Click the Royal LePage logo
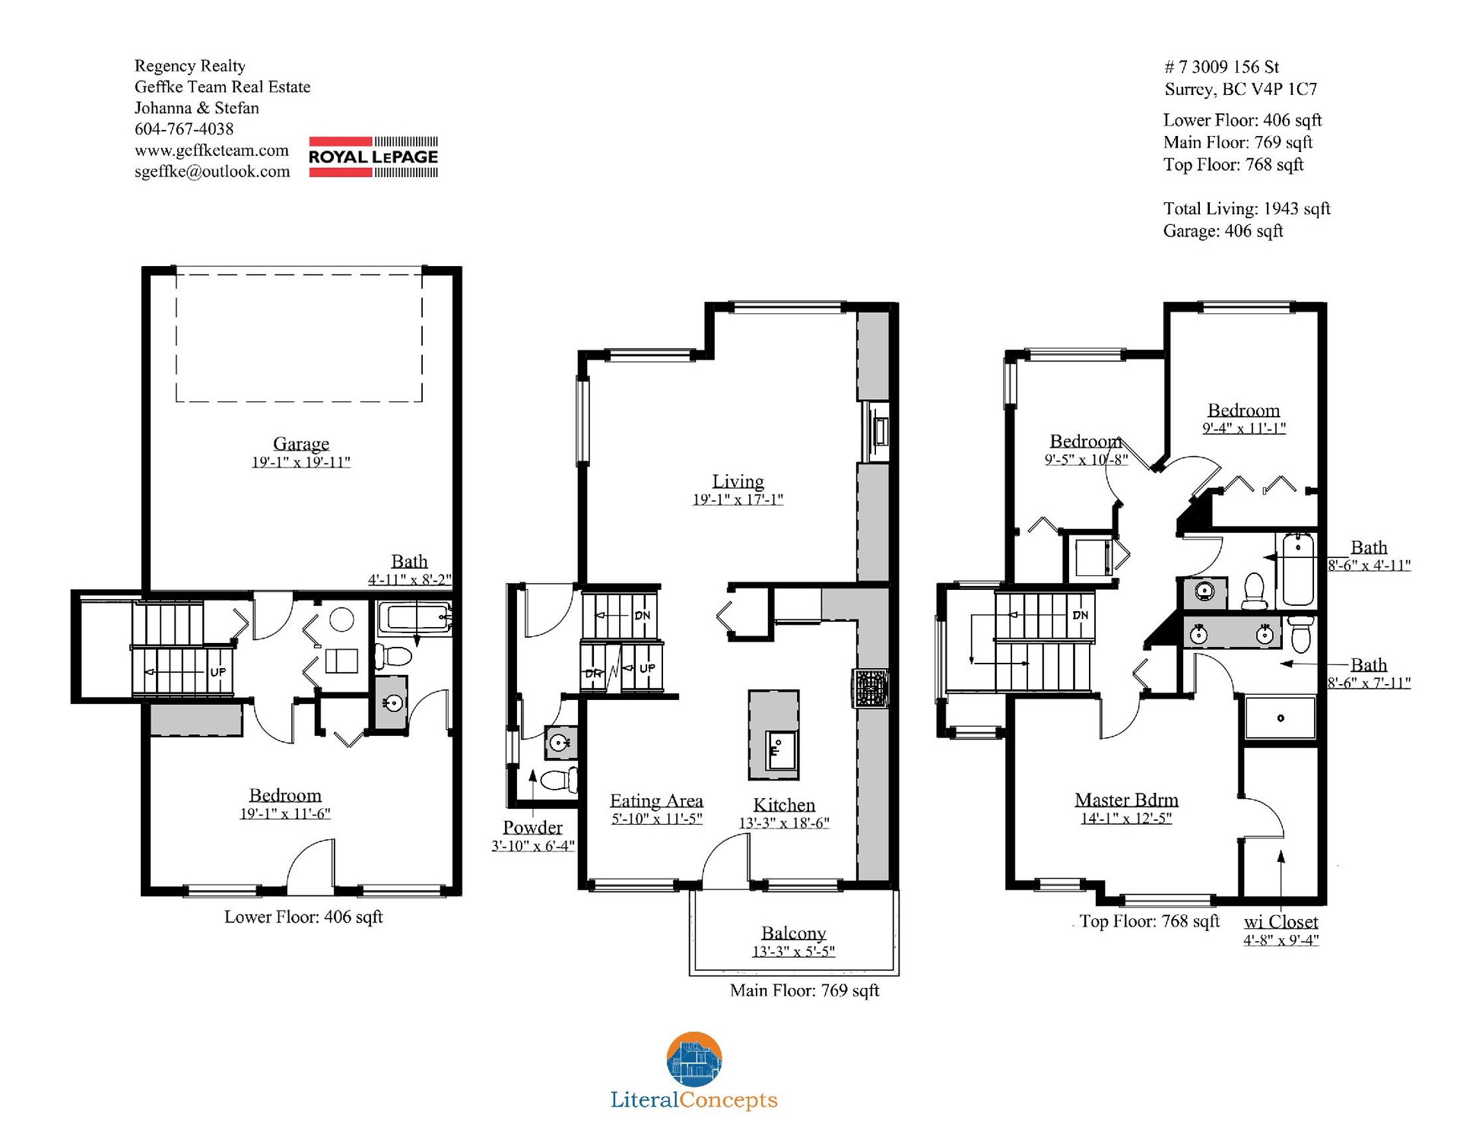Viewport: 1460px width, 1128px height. (x=373, y=157)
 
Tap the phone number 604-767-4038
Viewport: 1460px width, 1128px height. (x=184, y=129)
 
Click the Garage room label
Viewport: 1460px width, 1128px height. (x=301, y=444)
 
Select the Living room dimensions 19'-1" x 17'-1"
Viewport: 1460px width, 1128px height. (x=738, y=499)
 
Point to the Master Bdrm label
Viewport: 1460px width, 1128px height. (x=1126, y=800)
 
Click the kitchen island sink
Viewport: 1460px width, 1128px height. (x=779, y=750)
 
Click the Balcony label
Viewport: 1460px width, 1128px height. (x=793, y=933)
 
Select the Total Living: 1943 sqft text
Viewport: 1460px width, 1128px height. (x=1246, y=209)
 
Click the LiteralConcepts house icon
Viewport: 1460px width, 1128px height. (x=694, y=1059)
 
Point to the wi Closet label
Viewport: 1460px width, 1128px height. (x=1281, y=922)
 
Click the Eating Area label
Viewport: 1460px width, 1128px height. (x=656, y=801)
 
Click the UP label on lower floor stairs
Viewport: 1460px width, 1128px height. (x=217, y=672)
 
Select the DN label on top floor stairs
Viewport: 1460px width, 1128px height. (x=1080, y=615)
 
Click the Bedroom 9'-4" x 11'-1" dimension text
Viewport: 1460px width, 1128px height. (x=1243, y=428)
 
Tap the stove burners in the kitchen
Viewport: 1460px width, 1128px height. (x=871, y=689)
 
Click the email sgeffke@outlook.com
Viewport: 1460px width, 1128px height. (x=212, y=172)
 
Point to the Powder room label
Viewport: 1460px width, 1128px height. (x=532, y=828)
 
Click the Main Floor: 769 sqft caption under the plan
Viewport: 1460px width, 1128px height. (x=805, y=990)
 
